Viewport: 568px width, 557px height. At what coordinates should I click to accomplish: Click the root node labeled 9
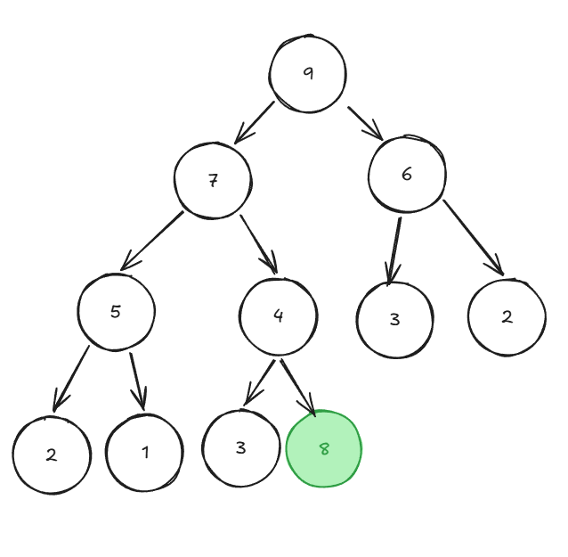pyautogui.click(x=307, y=74)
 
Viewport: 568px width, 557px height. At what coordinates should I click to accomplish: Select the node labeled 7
pyautogui.click(x=213, y=180)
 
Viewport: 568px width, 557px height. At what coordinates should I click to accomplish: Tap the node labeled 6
pyautogui.click(x=407, y=174)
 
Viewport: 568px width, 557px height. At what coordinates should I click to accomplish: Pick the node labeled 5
pyautogui.click(x=116, y=312)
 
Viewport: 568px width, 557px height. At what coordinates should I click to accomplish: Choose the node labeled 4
pyautogui.click(x=278, y=316)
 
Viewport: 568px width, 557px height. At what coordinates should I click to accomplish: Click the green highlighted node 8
pyautogui.click(x=324, y=448)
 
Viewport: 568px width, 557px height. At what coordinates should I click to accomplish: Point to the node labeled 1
pyautogui.click(x=144, y=453)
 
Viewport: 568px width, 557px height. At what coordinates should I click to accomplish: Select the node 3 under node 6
pyautogui.click(x=395, y=320)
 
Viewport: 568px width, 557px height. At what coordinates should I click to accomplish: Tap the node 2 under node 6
pyautogui.click(x=507, y=317)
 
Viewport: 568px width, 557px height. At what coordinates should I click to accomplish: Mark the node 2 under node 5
pyautogui.click(x=52, y=455)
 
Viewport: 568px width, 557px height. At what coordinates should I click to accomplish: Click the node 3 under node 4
pyautogui.click(x=241, y=448)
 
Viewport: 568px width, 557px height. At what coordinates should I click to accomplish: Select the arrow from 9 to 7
pyautogui.click(x=255, y=123)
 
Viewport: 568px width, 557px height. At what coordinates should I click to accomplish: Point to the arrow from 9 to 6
pyautogui.click(x=366, y=123)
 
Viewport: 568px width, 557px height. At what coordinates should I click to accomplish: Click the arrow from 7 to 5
pyautogui.click(x=152, y=241)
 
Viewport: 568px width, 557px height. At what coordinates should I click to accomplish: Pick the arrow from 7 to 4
pyautogui.click(x=259, y=244)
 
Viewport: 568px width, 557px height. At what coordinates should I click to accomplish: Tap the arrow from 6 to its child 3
pyautogui.click(x=394, y=251)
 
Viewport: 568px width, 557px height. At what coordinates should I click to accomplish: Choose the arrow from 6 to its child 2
pyautogui.click(x=474, y=238)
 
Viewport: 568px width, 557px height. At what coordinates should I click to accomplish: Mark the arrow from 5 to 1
pyautogui.click(x=138, y=381)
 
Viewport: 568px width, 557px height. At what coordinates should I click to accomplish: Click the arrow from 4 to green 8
pyautogui.click(x=298, y=388)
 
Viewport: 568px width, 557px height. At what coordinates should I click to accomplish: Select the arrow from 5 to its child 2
pyautogui.click(x=71, y=379)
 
